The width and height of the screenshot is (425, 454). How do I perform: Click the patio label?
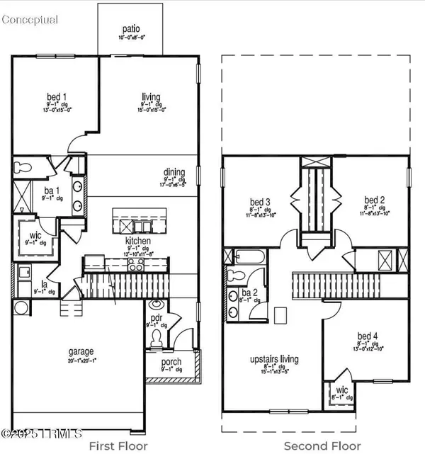[x=131, y=29]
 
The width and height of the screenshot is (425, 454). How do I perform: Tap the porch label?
[x=171, y=362]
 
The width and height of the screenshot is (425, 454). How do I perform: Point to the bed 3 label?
[x=261, y=202]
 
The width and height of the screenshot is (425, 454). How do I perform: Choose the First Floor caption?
[x=118, y=446]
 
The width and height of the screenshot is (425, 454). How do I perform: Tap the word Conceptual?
[x=30, y=19]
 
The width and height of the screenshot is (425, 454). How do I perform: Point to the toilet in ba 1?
[x=22, y=167]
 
